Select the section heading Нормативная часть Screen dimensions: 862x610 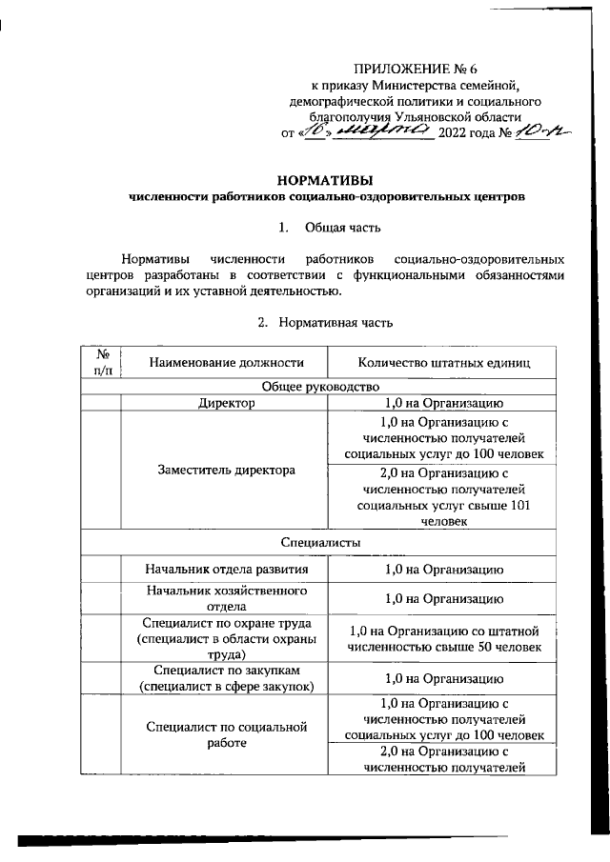[335, 323]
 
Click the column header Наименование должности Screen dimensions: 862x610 [225, 362]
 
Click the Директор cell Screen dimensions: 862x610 [226, 403]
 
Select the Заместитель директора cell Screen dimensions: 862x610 [226, 471]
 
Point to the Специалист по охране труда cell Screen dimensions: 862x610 [226, 638]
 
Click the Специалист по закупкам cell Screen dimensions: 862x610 [226, 678]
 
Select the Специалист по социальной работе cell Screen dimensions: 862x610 [226, 734]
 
